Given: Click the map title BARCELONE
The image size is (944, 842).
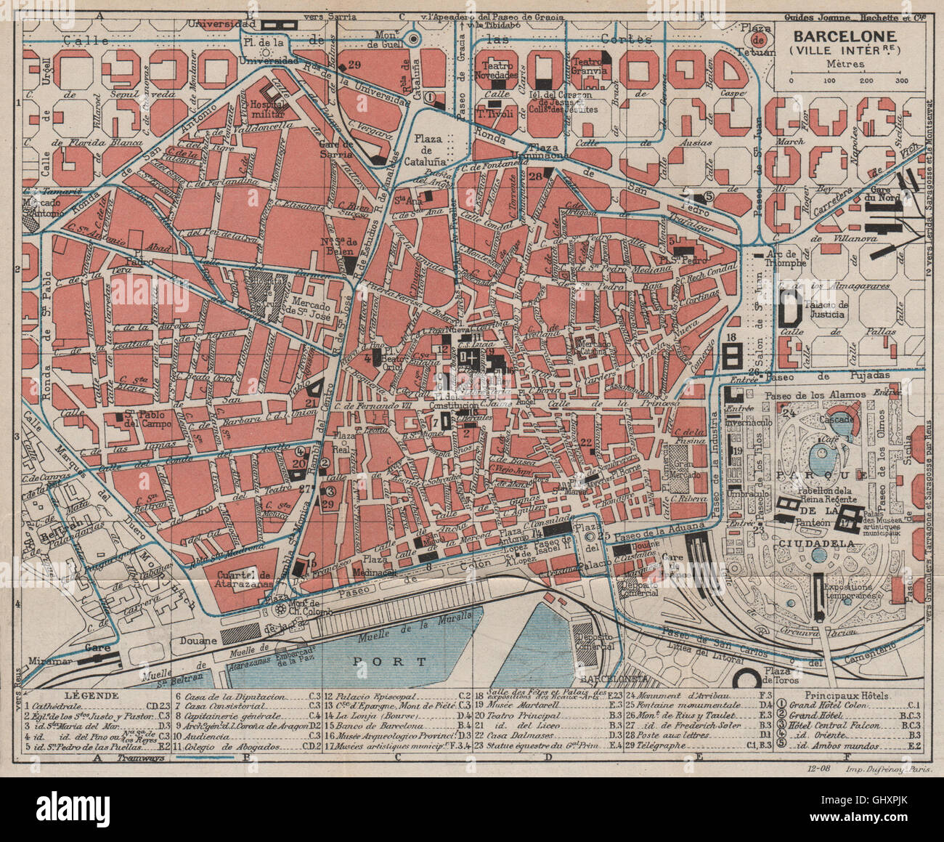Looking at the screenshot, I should (x=843, y=36).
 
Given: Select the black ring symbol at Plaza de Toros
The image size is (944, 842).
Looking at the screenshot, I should (x=748, y=680).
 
